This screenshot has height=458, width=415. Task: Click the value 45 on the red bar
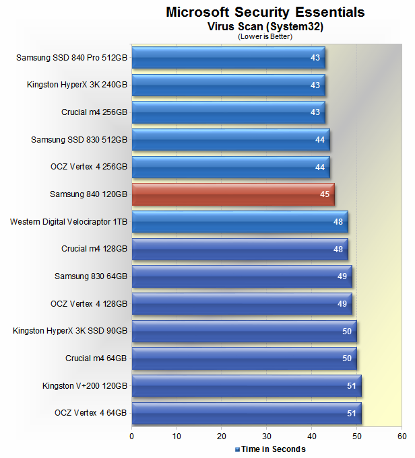325,194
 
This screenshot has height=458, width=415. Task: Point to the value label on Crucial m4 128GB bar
338,249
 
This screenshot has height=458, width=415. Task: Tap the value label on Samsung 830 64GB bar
343,276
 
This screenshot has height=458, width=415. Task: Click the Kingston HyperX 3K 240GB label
77,85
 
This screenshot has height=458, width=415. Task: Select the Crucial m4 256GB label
94,112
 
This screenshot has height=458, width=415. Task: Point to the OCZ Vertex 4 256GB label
88,167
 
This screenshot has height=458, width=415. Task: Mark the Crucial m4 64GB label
96,358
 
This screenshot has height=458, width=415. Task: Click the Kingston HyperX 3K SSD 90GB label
70,331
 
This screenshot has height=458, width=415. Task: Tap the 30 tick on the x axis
267,436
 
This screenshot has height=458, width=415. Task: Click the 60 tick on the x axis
402,436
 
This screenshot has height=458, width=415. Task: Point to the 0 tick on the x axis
132,436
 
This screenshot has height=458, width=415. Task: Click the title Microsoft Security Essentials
265,12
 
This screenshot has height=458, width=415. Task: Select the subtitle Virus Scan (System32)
265,27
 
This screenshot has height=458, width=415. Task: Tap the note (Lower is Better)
265,36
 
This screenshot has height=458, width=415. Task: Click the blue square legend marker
237,449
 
